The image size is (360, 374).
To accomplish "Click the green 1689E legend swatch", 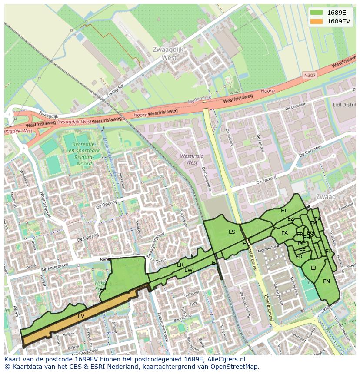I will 317,13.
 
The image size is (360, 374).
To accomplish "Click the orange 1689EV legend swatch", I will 317,21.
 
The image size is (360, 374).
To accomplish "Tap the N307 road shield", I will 310,75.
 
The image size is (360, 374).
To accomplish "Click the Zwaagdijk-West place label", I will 169,53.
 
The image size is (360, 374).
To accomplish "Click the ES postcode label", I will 232,232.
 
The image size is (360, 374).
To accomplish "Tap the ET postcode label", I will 284,211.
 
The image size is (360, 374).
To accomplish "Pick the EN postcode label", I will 327,281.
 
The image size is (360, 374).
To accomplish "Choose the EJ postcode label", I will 313,268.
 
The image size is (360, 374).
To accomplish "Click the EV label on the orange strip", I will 81,316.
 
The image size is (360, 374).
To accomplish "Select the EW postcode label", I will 188,270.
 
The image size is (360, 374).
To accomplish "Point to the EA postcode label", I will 284,233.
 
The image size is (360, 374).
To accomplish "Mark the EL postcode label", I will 328,252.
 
